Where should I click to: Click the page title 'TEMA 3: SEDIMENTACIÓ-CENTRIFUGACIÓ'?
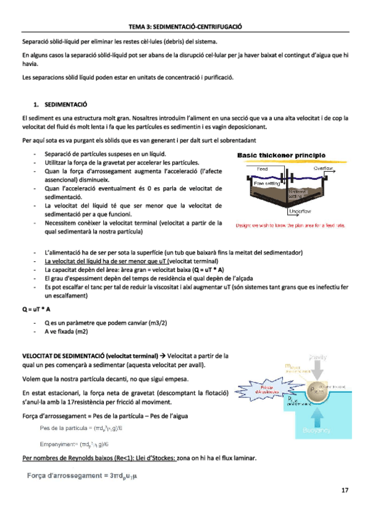[x=185, y=28]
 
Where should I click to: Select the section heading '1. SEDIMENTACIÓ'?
[x=60, y=106]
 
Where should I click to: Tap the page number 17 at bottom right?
[x=345, y=490]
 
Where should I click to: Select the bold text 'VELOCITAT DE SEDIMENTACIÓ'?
[x=62, y=356]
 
